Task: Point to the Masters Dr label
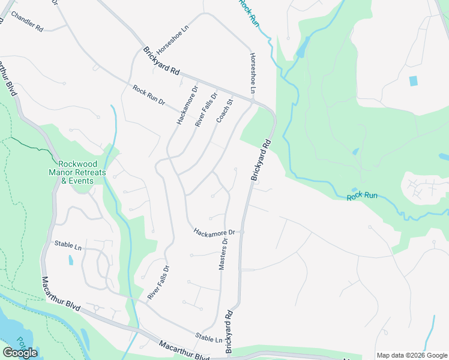[x=223, y=254]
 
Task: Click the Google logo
[x=20, y=353]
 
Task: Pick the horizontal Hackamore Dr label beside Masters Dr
[x=216, y=232]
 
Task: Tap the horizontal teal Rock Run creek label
[x=362, y=196]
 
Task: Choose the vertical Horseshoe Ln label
[x=253, y=73]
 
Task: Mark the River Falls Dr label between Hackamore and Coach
[x=205, y=109]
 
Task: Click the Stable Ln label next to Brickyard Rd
[x=208, y=338]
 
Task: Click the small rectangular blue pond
[x=413, y=80]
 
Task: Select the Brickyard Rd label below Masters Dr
[x=228, y=331]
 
